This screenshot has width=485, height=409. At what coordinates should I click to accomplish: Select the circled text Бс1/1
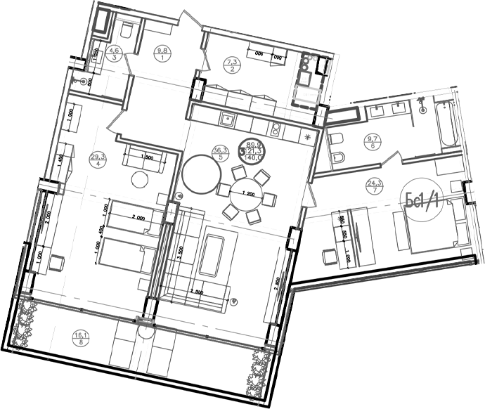(x=422, y=200)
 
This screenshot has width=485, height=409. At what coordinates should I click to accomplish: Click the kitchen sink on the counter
(x=227, y=119)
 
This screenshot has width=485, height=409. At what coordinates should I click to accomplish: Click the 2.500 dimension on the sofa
(x=200, y=290)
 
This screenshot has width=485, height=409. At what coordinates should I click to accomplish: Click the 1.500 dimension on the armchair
(x=146, y=157)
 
